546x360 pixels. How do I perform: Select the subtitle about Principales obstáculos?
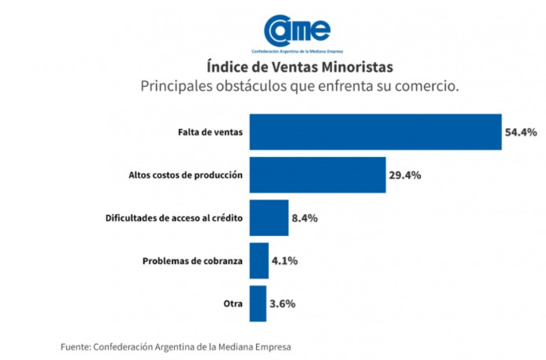click(299, 85)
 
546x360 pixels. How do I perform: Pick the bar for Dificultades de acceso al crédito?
click(269, 217)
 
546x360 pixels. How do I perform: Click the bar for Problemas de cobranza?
click(259, 260)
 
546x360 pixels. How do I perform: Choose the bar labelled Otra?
click(258, 303)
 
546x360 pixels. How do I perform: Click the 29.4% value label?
click(404, 174)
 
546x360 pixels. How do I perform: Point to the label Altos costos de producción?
click(185, 174)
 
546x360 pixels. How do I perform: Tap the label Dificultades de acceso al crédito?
click(174, 217)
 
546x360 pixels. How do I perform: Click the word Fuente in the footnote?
click(75, 346)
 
